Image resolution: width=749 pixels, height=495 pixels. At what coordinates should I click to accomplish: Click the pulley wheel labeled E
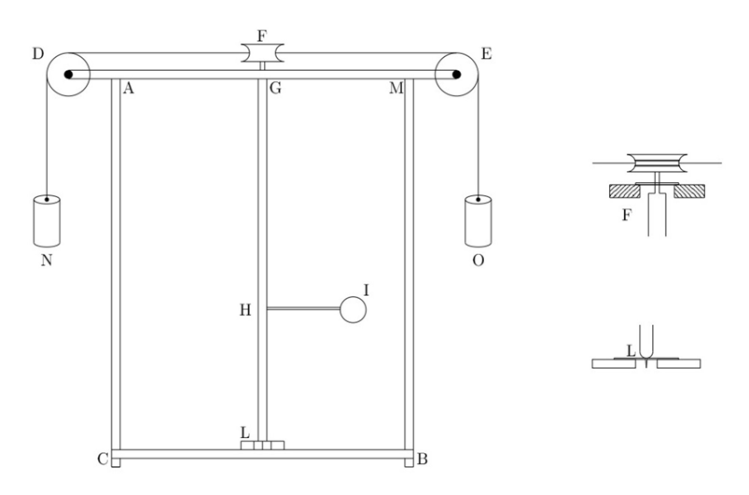tap(456, 73)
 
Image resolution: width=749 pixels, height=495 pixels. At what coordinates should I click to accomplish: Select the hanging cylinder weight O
tap(479, 219)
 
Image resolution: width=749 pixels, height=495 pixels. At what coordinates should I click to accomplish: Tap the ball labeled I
tap(353, 309)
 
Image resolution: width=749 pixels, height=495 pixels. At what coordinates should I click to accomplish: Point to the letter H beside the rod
tap(245, 310)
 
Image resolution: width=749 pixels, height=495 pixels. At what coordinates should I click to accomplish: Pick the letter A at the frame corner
tap(129, 89)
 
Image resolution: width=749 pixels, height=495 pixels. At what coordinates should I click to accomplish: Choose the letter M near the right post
tap(395, 89)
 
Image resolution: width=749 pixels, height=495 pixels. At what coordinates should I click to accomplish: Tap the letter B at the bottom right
tap(422, 460)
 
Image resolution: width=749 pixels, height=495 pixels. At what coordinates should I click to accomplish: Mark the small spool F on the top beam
tap(262, 53)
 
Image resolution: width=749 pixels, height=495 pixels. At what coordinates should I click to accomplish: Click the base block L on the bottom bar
tap(261, 445)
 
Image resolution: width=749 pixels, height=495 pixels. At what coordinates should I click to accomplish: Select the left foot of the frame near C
tap(116, 461)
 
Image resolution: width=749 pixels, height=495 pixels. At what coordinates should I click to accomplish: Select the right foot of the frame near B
tap(409, 461)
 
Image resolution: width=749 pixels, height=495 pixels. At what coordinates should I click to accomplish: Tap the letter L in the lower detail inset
tap(631, 351)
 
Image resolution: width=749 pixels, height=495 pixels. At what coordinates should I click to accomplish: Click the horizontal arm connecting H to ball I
tap(303, 309)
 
